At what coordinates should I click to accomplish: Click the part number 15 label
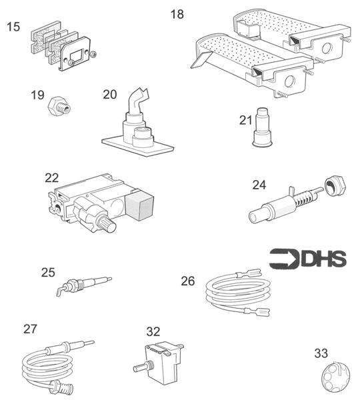[x=13, y=27]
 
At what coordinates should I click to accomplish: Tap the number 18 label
[x=177, y=14]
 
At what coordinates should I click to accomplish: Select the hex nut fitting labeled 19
[x=59, y=107]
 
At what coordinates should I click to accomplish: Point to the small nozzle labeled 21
[x=262, y=127]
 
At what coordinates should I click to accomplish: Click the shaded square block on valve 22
[x=139, y=205]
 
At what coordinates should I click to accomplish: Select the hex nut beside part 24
[x=335, y=187]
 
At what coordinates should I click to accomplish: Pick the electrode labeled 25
[x=84, y=285]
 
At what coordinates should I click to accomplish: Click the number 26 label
[x=188, y=281]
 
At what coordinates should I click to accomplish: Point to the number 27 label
[x=30, y=329]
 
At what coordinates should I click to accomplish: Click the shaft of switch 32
[x=141, y=368]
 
